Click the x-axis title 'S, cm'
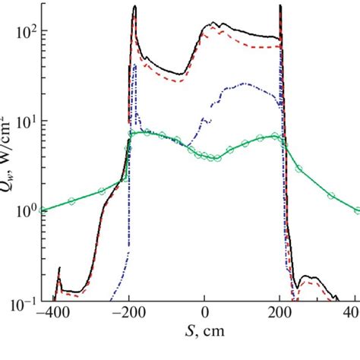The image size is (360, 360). coord(205,333)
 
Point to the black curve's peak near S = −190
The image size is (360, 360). coord(135,7)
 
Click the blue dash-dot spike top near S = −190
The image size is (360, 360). coord(134,65)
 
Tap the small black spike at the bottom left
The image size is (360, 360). coord(60,268)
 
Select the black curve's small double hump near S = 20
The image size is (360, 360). coord(216,26)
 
